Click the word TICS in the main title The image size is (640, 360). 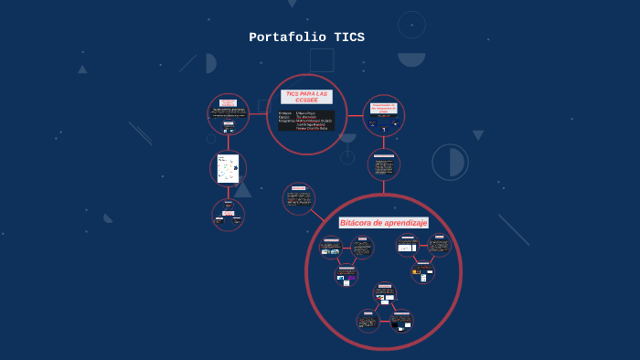click(349, 37)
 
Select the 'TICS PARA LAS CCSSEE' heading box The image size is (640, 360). click(306, 95)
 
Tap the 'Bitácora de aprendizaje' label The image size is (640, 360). click(383, 223)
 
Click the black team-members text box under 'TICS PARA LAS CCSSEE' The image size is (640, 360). click(306, 121)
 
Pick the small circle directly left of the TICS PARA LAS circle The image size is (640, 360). click(228, 114)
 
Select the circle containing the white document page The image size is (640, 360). click(228, 169)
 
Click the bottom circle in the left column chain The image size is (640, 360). click(228, 215)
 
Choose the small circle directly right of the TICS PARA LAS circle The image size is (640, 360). click(384, 115)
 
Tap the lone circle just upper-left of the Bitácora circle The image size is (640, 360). click(298, 198)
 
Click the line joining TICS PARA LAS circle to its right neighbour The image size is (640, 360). click(356, 115)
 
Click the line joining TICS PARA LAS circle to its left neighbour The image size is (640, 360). click(258, 114)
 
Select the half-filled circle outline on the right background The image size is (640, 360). click(450, 162)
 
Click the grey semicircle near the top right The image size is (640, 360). click(411, 59)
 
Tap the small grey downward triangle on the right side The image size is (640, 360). click(478, 135)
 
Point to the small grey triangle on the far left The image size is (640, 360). click(82, 69)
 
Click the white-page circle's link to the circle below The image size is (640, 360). click(228, 193)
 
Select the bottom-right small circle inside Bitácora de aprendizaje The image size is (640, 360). click(401, 321)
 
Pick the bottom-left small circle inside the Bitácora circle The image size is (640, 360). click(368, 321)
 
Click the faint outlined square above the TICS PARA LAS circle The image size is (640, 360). click(322, 60)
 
